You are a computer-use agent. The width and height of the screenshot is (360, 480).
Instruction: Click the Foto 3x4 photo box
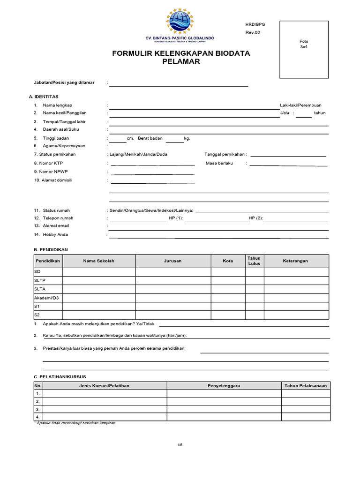click(304, 49)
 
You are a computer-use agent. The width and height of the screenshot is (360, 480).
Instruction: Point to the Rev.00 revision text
click(252, 32)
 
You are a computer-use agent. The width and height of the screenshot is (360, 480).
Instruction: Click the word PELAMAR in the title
click(181, 61)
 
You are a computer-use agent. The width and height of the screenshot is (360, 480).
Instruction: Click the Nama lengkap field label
click(58, 105)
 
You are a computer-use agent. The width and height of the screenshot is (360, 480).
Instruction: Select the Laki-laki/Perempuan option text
click(300, 105)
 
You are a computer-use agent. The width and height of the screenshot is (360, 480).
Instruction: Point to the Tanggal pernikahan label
click(225, 154)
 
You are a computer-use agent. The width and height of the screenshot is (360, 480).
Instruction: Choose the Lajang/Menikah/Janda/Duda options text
click(138, 154)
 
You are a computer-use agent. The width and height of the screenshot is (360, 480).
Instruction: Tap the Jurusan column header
click(173, 261)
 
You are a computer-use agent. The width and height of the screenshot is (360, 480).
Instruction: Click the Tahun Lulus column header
click(254, 261)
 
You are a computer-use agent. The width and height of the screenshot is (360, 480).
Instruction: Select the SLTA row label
click(40, 289)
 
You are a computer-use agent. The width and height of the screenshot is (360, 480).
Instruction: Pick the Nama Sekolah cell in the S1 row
click(99, 306)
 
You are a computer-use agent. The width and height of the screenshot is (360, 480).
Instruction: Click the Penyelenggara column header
click(224, 386)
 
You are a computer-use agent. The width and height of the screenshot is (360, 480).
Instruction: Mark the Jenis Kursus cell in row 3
click(105, 409)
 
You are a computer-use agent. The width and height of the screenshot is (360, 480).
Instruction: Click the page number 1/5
click(180, 444)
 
